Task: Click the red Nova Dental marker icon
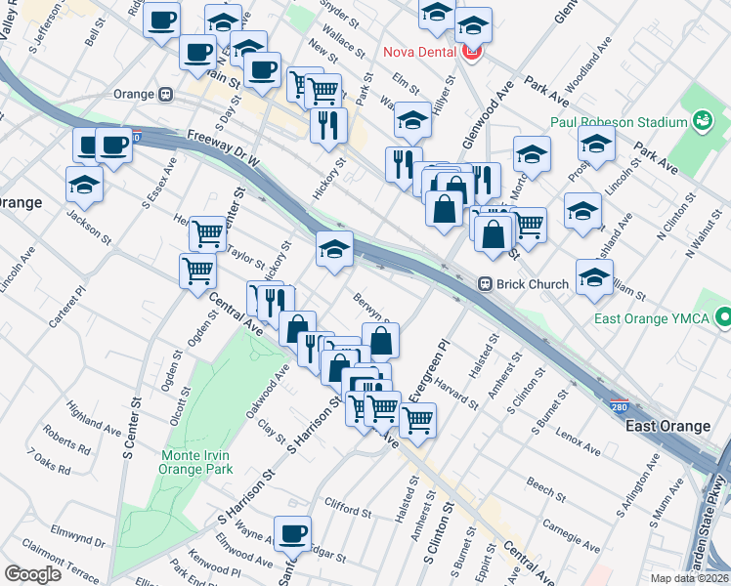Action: coord(473,51)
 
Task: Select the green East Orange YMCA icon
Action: coord(723,318)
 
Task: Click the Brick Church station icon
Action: coord(485,284)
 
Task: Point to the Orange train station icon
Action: coord(166,95)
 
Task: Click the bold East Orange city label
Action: coord(667,427)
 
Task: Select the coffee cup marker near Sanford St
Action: coord(292,533)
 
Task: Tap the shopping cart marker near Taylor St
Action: coord(207,233)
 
